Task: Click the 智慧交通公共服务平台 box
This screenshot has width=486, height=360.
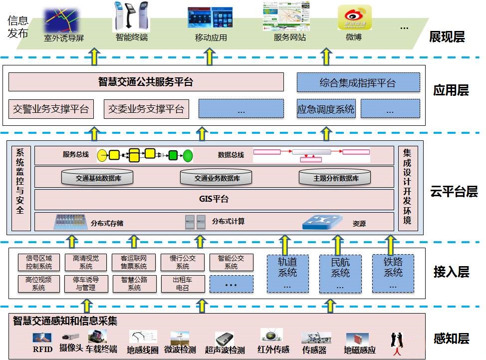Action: pyautogui.click(x=146, y=82)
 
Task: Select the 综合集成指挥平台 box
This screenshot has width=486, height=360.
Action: pyautogui.click(x=358, y=83)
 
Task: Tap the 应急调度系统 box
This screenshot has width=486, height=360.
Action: pyautogui.click(x=326, y=109)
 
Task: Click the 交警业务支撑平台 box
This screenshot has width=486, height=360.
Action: pyautogui.click(x=51, y=109)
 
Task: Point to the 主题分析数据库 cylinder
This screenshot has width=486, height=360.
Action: pyautogui.click(x=335, y=178)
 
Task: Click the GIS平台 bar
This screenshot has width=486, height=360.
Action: pyautogui.click(x=214, y=199)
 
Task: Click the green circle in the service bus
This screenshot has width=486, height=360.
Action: pyautogui.click(x=188, y=155)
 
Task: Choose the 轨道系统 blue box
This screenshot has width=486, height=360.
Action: pyautogui.click(x=287, y=273)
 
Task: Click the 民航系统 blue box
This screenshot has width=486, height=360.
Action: pyautogui.click(x=340, y=273)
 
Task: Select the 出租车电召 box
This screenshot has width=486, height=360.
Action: pyautogui.click(x=183, y=284)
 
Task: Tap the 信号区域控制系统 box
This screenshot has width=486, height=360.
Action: pyautogui.click(x=38, y=262)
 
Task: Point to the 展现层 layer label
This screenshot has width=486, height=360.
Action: pyautogui.click(x=447, y=37)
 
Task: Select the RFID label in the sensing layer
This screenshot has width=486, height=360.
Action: pyautogui.click(x=42, y=349)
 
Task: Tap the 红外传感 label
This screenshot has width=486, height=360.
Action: pyautogui.click(x=273, y=349)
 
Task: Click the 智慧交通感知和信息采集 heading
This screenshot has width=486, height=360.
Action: pyautogui.click(x=65, y=321)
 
